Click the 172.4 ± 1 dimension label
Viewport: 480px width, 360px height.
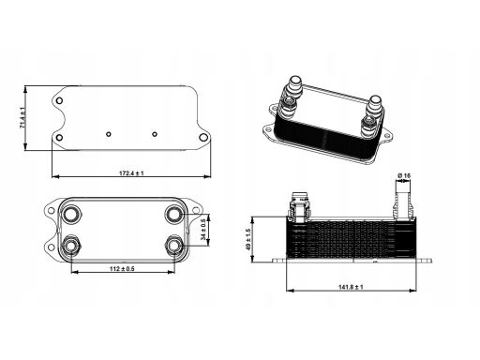[131, 172]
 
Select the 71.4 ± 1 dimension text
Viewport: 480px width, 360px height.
[22, 117]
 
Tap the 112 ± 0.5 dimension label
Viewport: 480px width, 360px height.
[122, 268]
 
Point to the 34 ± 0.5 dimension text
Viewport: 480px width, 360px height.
[203, 230]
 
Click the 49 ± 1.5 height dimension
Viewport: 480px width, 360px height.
[248, 239]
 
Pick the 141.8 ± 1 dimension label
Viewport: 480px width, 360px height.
[351, 287]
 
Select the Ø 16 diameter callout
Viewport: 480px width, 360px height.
[404, 176]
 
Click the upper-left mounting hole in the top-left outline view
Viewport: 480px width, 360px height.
[59, 100]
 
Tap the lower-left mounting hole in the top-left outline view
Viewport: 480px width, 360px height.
[59, 138]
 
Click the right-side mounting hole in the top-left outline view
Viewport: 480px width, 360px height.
[203, 137]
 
